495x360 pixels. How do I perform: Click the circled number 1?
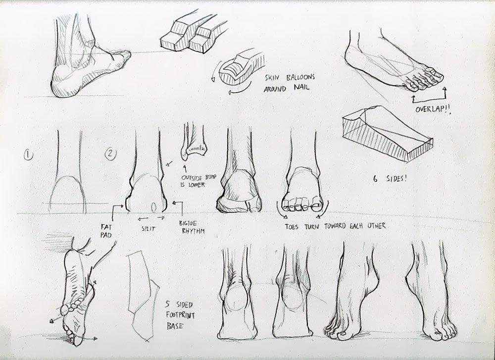point(28,154)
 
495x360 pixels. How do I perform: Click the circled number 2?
point(110,154)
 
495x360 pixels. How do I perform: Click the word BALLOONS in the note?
point(300,77)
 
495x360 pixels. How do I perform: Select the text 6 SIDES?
point(390,178)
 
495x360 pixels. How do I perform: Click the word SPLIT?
point(148,228)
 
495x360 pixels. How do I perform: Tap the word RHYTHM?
point(192,231)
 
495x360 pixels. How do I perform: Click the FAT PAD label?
point(106,231)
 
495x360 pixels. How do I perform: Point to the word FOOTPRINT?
point(180,315)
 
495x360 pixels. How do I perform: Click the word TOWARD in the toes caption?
point(337,226)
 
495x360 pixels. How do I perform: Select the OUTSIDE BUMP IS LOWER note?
point(198,181)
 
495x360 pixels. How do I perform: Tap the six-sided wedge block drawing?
point(387,134)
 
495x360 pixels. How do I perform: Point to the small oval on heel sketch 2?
point(154,207)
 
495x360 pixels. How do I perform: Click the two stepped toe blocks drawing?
point(190,33)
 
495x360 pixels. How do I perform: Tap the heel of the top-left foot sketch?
point(66,82)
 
